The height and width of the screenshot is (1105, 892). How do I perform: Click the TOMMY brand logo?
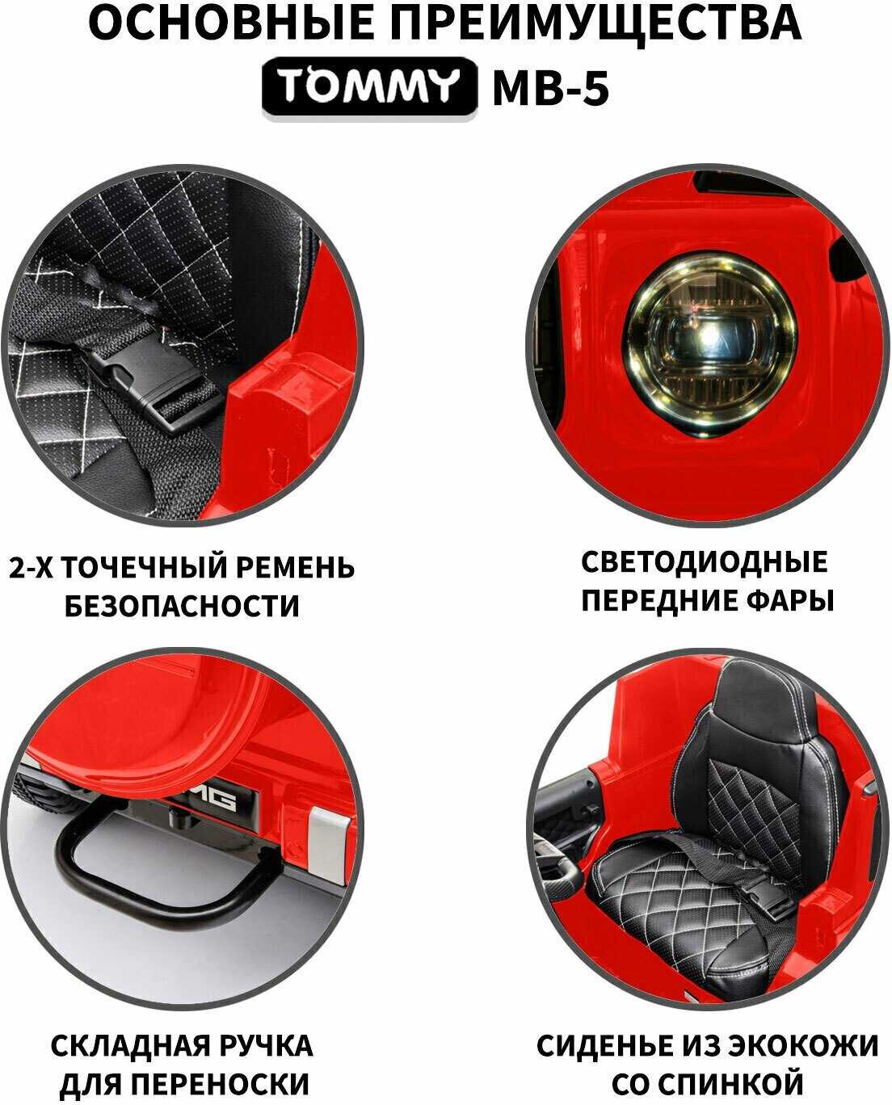[369, 88]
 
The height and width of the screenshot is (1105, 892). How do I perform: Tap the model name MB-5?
[551, 88]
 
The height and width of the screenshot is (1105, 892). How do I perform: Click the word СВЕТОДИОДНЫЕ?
[705, 561]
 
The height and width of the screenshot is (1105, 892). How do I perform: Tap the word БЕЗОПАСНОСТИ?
[182, 606]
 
